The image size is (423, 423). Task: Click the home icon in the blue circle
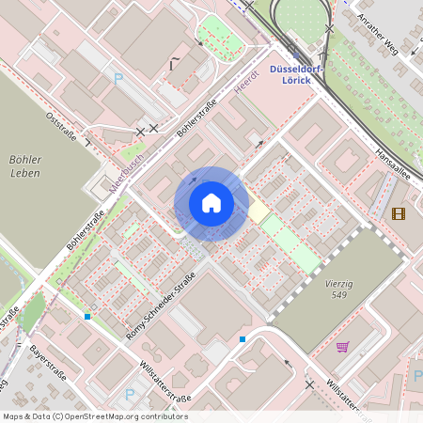(211, 203)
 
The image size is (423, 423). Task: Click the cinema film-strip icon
(399, 213)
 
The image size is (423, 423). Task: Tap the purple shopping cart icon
(342, 346)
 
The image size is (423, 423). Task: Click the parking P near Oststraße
(118, 80)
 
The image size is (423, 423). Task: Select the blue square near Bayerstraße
(87, 317)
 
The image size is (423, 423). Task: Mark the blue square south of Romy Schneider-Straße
(243, 338)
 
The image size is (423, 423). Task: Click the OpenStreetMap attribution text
(95, 416)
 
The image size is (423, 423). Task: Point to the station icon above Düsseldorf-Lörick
(292, 55)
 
